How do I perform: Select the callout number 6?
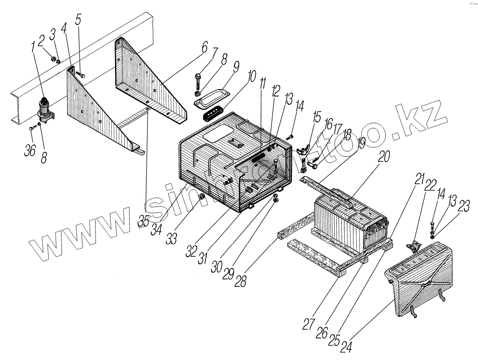204,48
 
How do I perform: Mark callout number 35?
144,221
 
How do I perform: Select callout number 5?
79,20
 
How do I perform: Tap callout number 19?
360,144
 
